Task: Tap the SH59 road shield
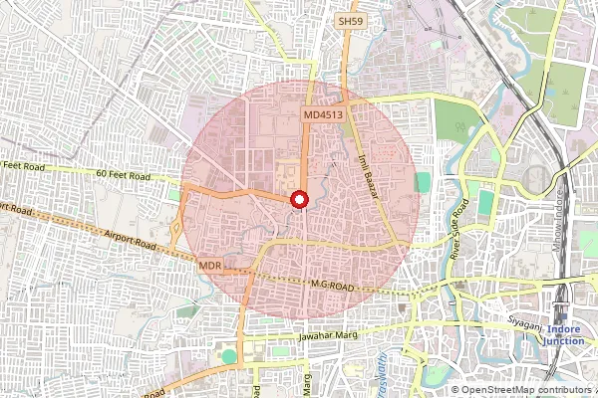coord(349,20)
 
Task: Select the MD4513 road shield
coord(323,116)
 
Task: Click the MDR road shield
coord(209,266)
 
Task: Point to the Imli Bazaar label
coord(368,175)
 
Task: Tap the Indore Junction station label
coord(564,334)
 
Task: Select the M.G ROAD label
coord(334,285)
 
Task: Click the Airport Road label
coord(130,239)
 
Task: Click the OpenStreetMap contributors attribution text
coord(525,390)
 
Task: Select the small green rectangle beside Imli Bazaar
coord(424,183)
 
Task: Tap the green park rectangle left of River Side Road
coord(486,203)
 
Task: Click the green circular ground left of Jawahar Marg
coord(230,355)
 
